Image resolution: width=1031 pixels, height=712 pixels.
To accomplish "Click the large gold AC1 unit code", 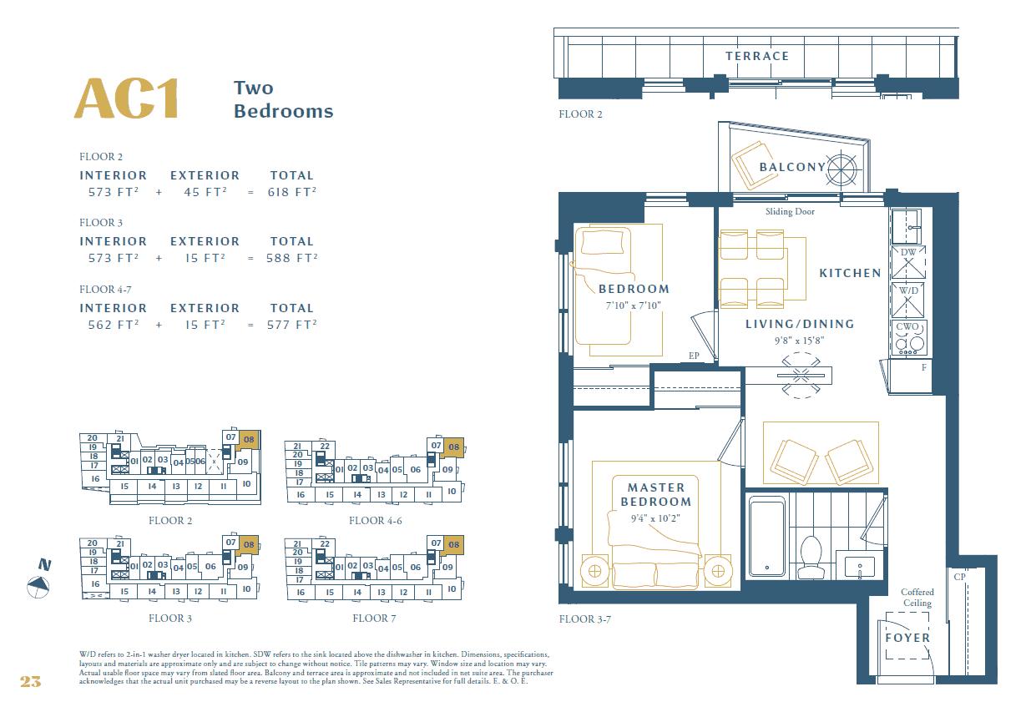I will click(127, 99).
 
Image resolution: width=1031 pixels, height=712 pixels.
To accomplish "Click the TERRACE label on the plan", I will click(756, 56).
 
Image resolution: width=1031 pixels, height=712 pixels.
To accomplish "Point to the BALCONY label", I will click(791, 167).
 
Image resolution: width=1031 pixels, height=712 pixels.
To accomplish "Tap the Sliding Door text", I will click(790, 212).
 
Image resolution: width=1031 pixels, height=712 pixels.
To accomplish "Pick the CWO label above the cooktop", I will click(907, 327).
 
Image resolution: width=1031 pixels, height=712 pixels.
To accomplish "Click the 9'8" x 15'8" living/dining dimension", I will click(800, 340).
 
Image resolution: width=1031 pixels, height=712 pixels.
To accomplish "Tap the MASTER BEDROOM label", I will click(656, 494).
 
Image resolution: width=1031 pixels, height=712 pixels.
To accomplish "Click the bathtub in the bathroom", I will click(766, 536).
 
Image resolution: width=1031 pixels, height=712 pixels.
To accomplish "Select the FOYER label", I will click(907, 638).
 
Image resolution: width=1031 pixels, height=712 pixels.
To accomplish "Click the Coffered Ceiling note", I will click(917, 598).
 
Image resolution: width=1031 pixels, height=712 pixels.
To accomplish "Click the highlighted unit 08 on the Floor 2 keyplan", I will click(249, 437).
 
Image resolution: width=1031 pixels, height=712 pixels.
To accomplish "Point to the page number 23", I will click(30, 682).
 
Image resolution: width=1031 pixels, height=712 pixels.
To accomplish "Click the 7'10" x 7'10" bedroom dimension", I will click(633, 306).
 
